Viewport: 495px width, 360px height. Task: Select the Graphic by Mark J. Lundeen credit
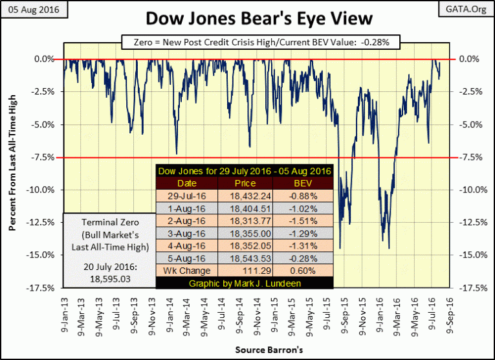(245, 283)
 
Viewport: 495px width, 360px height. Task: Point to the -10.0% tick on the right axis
(473, 190)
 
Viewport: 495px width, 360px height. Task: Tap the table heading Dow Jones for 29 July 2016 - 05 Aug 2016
(245, 170)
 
